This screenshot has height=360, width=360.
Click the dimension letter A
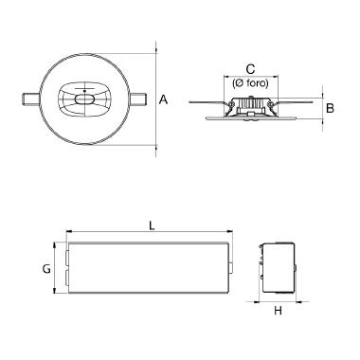pos(164,99)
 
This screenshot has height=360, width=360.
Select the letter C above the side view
pos(250,69)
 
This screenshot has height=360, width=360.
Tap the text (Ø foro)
pos(250,82)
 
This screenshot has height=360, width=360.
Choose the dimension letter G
pos(45,268)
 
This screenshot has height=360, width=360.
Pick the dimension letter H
pos(279,311)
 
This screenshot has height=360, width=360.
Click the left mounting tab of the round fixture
pos(30,99)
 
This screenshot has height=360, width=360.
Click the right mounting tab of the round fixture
pos(138,99)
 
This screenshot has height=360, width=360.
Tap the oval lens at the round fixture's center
pos(84,99)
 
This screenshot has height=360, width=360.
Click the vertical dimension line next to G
pos(56,268)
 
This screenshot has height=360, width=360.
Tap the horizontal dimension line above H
pos(279,302)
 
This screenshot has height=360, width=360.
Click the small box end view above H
pos(279,268)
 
